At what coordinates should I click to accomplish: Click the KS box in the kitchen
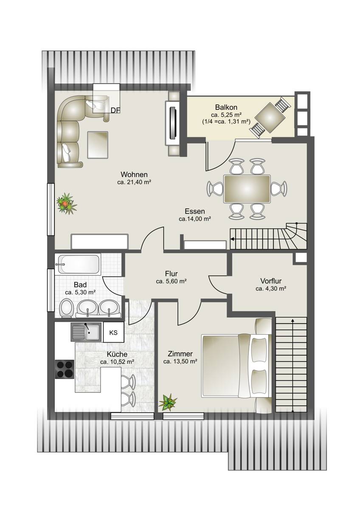click(x=113, y=332)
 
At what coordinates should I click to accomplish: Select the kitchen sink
click(x=86, y=332)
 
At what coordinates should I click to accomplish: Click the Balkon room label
click(x=226, y=107)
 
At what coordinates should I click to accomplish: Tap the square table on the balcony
click(x=270, y=118)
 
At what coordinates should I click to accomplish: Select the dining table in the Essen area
click(x=247, y=189)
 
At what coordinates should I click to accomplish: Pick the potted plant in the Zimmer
click(x=168, y=403)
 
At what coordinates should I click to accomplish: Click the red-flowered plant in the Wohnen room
click(x=67, y=203)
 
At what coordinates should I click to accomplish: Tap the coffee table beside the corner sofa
click(x=98, y=145)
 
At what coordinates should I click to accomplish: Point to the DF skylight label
click(x=115, y=110)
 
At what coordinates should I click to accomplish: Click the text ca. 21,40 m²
click(x=135, y=182)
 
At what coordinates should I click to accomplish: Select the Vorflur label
click(x=271, y=281)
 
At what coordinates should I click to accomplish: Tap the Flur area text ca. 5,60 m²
click(x=171, y=281)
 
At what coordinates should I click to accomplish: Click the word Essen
click(x=195, y=211)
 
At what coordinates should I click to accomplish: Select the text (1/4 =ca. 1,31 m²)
click(x=226, y=122)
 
